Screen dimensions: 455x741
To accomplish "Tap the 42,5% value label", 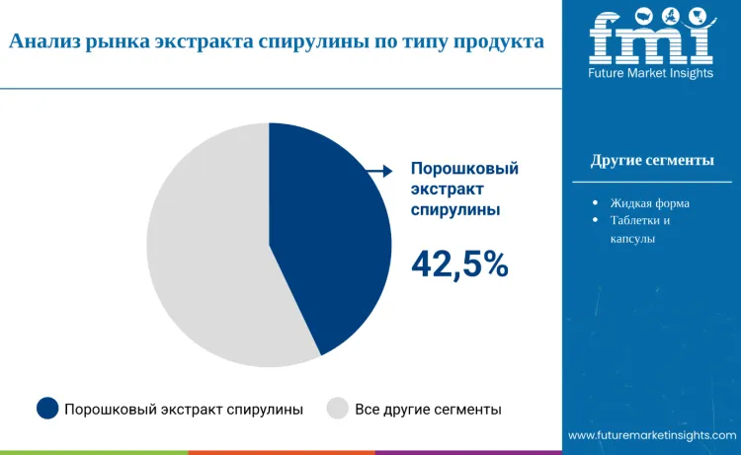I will pyautogui.click(x=459, y=264).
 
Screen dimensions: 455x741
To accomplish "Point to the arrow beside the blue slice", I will pyautogui.click(x=379, y=172).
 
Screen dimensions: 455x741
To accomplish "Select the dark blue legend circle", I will pyautogui.click(x=47, y=409).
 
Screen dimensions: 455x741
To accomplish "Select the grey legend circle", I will pyautogui.click(x=338, y=409).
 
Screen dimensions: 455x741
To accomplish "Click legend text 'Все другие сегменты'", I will pyautogui.click(x=428, y=409).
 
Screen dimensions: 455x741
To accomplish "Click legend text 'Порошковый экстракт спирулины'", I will pyautogui.click(x=184, y=409).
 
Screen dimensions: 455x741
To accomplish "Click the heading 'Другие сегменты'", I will pyautogui.click(x=652, y=161).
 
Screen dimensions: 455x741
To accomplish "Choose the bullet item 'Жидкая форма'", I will pyautogui.click(x=649, y=202).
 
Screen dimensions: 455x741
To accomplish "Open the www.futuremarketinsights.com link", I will pyautogui.click(x=652, y=435).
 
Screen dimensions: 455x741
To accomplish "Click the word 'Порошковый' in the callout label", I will pyautogui.click(x=464, y=169).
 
